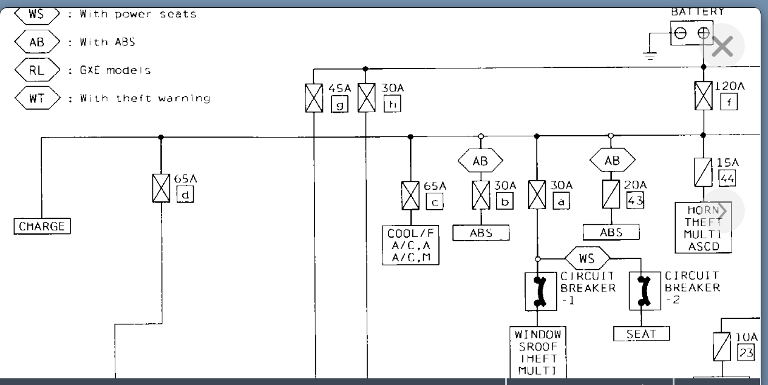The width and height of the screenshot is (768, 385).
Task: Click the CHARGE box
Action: (42, 227)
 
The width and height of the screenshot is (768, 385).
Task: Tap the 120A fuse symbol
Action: (704, 96)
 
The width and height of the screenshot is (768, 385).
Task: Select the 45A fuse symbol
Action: (314, 97)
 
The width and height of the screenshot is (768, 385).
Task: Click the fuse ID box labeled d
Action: (185, 195)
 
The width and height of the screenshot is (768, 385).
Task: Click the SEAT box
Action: (642, 333)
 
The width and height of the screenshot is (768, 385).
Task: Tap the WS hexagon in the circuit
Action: (586, 258)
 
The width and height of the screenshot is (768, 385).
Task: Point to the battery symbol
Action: (692, 33)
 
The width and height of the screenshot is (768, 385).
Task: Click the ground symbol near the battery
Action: (650, 55)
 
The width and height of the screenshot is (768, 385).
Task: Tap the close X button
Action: (722, 46)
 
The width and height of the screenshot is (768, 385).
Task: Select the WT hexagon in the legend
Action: (37, 98)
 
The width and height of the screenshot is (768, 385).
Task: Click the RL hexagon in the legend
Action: (37, 70)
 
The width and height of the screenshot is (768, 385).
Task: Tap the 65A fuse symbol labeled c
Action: (410, 195)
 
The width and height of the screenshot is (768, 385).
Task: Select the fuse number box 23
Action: (746, 352)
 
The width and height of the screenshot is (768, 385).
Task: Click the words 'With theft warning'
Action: (145, 98)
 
